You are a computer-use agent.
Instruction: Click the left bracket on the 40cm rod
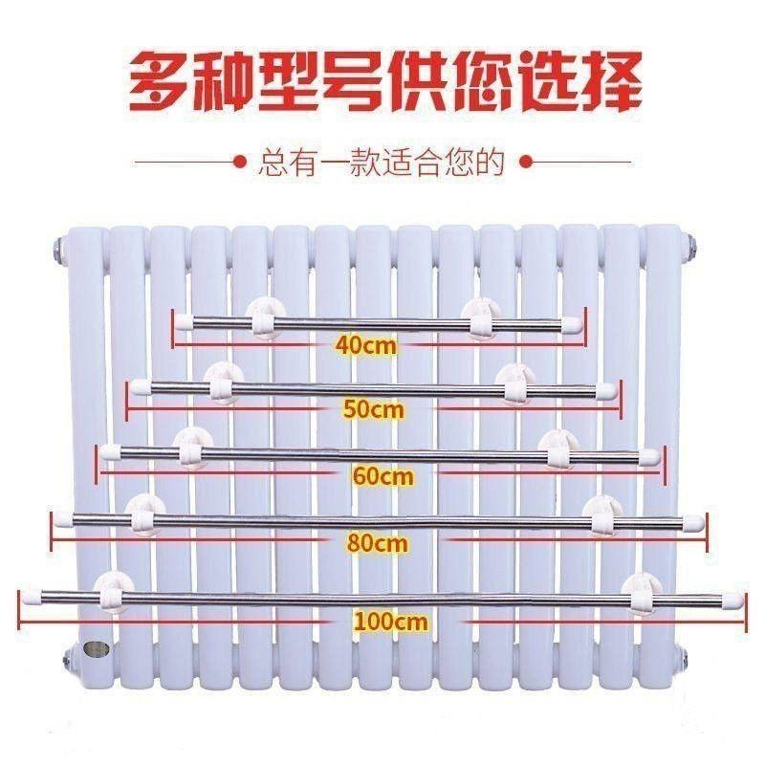click(x=260, y=318)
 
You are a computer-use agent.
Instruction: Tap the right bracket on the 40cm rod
click(x=482, y=318)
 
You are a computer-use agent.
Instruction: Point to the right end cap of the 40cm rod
click(x=571, y=323)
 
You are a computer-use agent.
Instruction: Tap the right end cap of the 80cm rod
click(x=693, y=522)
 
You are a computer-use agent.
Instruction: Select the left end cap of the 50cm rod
click(x=141, y=386)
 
